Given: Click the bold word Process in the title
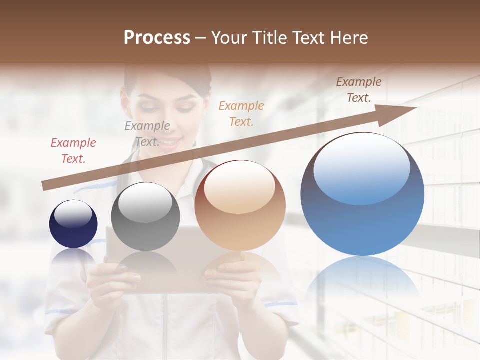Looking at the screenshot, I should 157,38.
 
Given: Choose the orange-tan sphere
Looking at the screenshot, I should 240,205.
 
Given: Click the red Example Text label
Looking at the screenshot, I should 73,151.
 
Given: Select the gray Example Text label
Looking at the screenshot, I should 147,134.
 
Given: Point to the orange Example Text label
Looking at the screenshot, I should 241,113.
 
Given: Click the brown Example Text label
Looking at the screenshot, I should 358,90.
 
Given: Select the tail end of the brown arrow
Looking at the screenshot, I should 45,186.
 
